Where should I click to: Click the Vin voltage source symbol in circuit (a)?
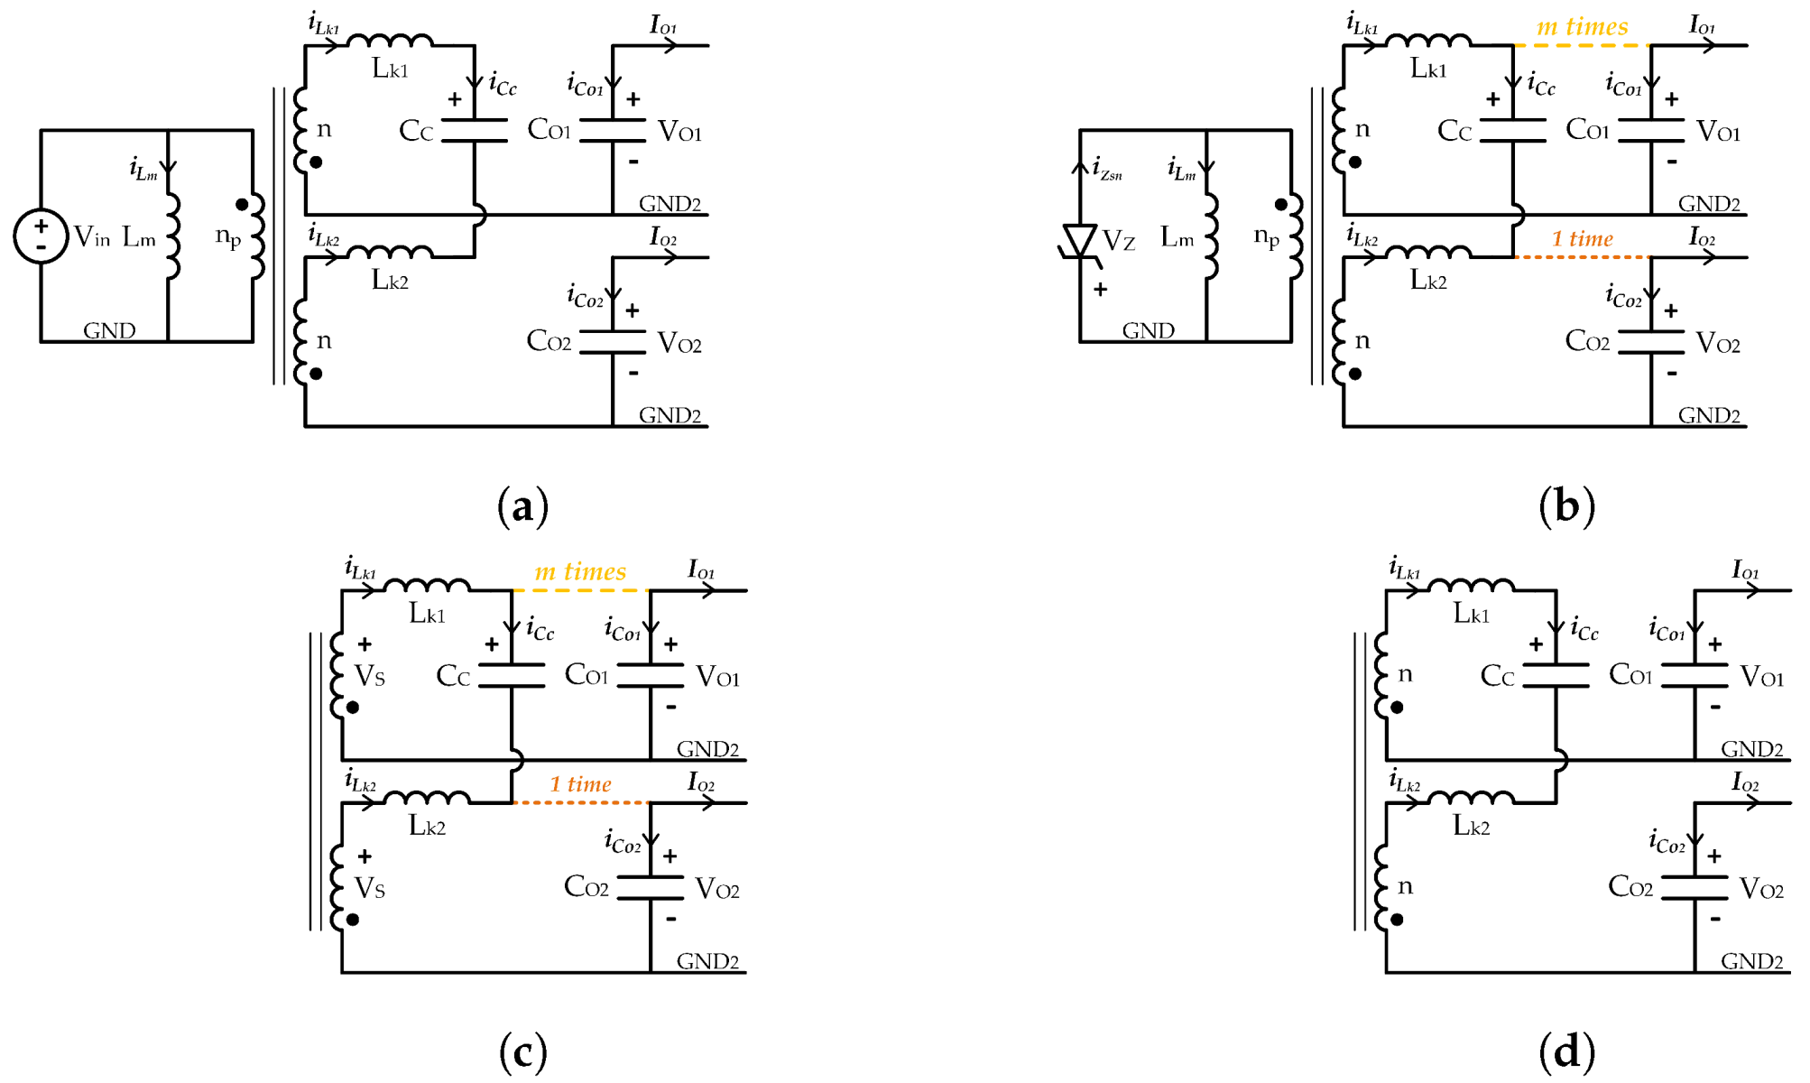41,236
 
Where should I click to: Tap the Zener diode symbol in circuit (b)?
1079,242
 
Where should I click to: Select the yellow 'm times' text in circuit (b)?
1582,26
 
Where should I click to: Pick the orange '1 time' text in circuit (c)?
580,783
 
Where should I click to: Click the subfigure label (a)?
522,506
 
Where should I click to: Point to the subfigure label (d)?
1566,1051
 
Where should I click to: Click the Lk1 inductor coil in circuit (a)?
390,40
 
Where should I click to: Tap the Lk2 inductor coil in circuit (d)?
1471,797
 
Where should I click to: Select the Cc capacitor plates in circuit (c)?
512,676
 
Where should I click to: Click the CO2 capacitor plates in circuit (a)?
613,342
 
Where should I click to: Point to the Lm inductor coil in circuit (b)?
1211,236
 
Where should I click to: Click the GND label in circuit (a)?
109,330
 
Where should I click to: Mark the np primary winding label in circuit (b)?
1266,236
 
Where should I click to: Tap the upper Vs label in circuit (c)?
370,676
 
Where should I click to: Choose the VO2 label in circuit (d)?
1760,890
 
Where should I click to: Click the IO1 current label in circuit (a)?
663,24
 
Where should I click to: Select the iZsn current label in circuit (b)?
1107,169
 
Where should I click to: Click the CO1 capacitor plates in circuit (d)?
1695,676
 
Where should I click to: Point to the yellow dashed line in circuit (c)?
580,591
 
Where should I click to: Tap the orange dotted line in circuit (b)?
1582,257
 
